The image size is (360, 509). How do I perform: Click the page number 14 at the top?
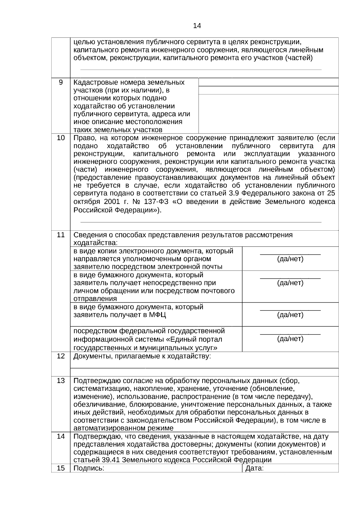pos(197,26)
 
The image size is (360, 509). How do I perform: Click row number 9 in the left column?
pos(61,82)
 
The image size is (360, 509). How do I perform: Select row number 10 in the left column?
pos(61,138)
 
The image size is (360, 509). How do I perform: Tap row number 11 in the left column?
pos(61,235)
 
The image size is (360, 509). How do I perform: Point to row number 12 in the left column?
pos(61,356)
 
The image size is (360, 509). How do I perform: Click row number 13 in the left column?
pos(61,381)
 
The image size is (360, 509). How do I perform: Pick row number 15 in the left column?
pos(61,468)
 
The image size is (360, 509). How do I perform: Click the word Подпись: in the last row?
pos(89,468)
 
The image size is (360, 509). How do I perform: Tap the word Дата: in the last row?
pos(254,468)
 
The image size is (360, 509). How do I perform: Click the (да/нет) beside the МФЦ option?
pos(290,315)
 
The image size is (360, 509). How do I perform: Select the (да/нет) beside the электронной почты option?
pos(290,259)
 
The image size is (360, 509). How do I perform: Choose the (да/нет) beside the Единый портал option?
pos(290,339)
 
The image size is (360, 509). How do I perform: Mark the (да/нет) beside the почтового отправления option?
pos(290,283)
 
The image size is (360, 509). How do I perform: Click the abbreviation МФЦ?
pos(157,315)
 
